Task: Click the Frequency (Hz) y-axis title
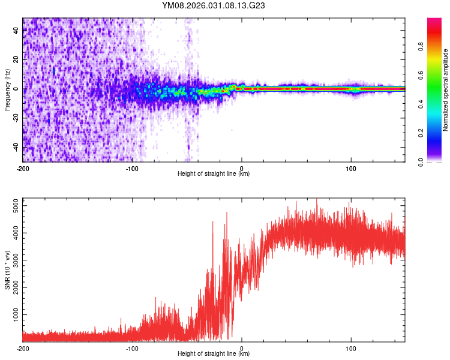click(7, 89)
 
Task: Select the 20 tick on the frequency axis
click(16, 60)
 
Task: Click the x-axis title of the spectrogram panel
click(214, 174)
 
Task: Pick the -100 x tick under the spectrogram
click(132, 168)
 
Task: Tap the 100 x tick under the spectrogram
click(351, 168)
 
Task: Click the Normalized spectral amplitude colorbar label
click(445, 89)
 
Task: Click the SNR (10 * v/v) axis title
click(7, 269)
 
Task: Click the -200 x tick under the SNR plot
click(23, 348)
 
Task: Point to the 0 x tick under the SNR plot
click(241, 348)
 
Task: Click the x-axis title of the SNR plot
click(214, 354)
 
